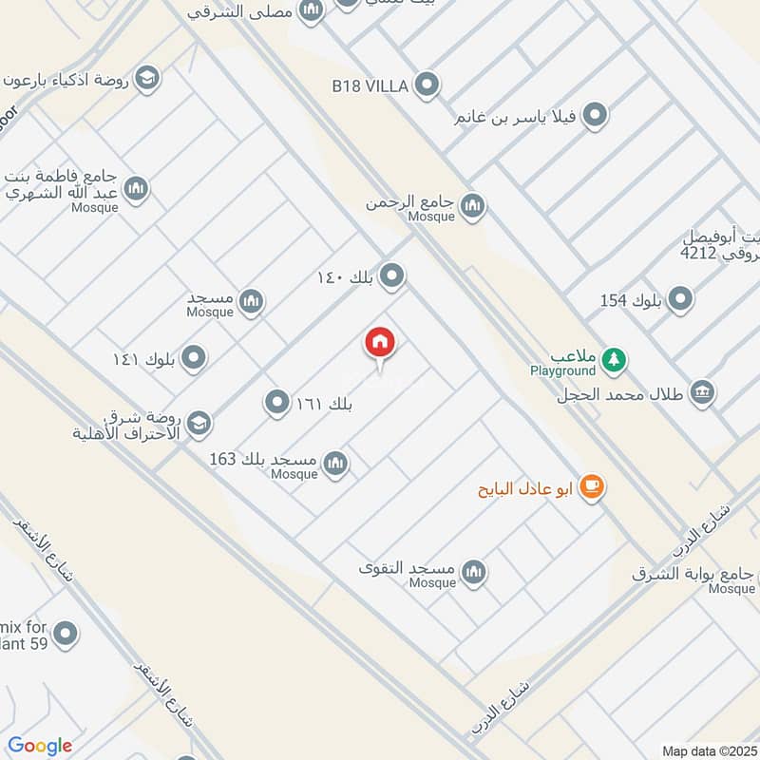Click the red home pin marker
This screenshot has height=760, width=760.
click(x=380, y=344)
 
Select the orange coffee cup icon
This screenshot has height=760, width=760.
click(x=591, y=486)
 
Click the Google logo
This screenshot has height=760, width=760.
click(x=40, y=746)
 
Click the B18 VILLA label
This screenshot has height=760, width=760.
click(x=370, y=86)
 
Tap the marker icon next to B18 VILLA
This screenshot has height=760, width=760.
click(x=427, y=86)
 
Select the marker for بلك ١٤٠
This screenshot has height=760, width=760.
click(x=391, y=277)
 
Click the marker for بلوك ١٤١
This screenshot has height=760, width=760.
click(x=194, y=358)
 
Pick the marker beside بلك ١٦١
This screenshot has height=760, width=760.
click(x=276, y=403)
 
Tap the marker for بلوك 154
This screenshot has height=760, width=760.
click(x=680, y=300)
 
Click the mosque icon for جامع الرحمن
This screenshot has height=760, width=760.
click(x=472, y=204)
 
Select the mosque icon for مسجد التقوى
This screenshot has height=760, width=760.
click(x=473, y=571)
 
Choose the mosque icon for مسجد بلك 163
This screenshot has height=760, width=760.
click(x=334, y=464)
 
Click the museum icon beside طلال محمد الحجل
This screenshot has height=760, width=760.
click(x=702, y=391)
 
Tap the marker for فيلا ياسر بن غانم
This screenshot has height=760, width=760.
click(x=595, y=116)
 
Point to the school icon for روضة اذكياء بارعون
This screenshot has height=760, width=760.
click(x=146, y=77)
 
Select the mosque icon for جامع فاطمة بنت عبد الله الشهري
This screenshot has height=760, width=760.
click(x=136, y=188)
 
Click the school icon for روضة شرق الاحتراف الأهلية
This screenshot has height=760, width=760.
click(x=199, y=423)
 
